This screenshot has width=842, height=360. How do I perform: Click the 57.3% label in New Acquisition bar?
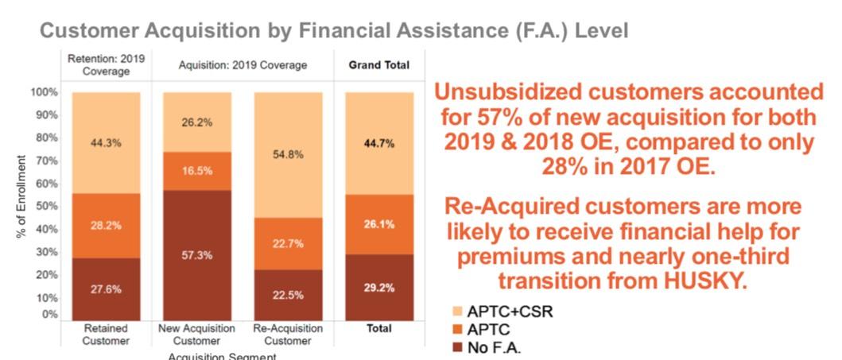click(x=197, y=257)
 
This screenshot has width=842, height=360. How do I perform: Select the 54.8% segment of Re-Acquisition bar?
click(x=288, y=155)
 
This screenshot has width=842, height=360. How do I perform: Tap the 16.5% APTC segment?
click(x=197, y=170)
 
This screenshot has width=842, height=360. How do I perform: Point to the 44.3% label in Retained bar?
click(x=106, y=143)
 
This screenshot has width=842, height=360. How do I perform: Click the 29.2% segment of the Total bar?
click(x=378, y=288)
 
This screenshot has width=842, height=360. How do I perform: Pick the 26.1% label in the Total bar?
click(x=378, y=224)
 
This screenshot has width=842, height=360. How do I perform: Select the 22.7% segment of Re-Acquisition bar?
click(x=288, y=243)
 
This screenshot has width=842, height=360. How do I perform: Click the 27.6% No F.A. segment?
click(x=106, y=289)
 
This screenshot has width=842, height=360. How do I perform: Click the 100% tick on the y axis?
click(x=46, y=92)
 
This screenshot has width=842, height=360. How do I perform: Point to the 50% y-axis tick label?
click(x=49, y=206)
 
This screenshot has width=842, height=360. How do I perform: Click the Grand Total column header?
click(x=378, y=65)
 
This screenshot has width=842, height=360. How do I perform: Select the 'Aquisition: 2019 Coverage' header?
click(x=243, y=65)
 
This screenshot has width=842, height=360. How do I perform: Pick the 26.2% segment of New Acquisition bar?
click(x=197, y=122)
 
